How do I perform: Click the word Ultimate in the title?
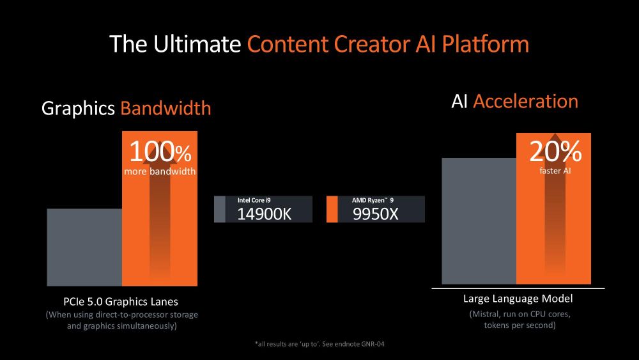pos(197,43)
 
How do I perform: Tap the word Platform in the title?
pos(486,43)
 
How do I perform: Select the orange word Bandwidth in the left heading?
pos(166,109)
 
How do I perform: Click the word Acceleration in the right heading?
pos(526,101)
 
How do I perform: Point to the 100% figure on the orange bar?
pos(160,152)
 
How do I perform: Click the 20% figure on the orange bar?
pos(555,152)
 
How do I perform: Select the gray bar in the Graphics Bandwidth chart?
pos(84,247)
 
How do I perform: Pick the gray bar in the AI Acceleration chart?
pos(479,221)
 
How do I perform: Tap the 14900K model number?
pos(264,214)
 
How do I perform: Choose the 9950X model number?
pos(375,214)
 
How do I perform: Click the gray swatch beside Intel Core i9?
pos(220,209)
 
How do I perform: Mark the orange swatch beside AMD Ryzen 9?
pos(332,209)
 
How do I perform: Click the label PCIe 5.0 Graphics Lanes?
pos(121,302)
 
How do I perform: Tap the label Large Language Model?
pos(518,299)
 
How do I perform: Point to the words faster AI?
pos(555,171)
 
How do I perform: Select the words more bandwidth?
pos(160,171)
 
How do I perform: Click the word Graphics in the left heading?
pos(78,109)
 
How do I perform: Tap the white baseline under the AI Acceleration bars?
pos(518,288)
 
